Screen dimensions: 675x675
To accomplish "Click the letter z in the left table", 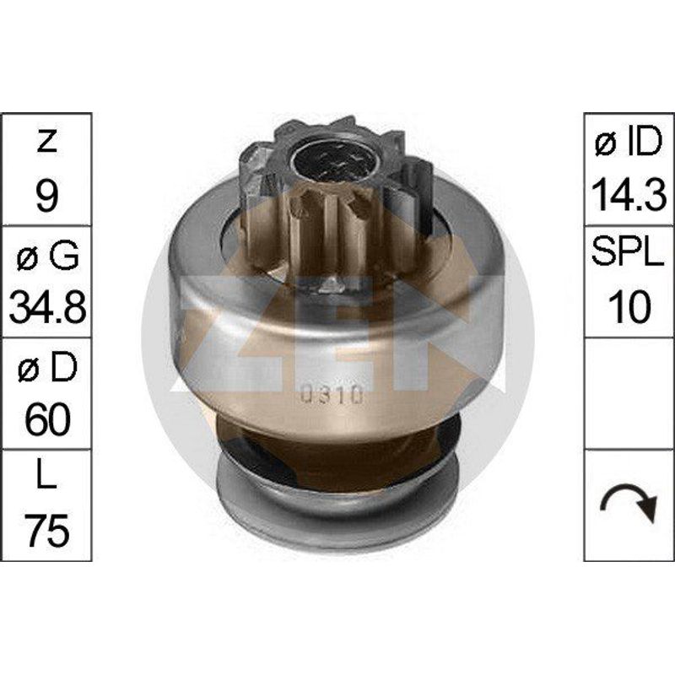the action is [46, 142].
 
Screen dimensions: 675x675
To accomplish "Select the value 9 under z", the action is [46, 196].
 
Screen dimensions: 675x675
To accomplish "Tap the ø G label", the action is [47, 255].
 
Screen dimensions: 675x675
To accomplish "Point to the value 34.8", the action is [47, 307].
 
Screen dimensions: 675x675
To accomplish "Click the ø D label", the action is [47, 367].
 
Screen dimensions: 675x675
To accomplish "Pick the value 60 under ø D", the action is [47, 419].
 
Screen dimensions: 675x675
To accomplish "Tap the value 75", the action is [47, 531].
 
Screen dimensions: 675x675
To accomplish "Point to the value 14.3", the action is [629, 196].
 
